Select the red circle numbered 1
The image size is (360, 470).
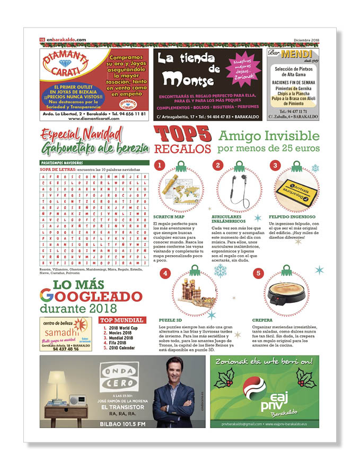(159, 166)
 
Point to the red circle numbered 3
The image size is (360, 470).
(275, 166)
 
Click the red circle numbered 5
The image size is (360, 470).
(258, 274)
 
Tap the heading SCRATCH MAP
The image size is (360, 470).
(168, 217)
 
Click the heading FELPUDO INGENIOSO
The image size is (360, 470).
(292, 217)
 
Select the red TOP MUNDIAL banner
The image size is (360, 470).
(122, 320)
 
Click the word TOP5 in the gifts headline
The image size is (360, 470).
(182, 135)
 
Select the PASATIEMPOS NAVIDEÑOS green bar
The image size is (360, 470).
(94, 163)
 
